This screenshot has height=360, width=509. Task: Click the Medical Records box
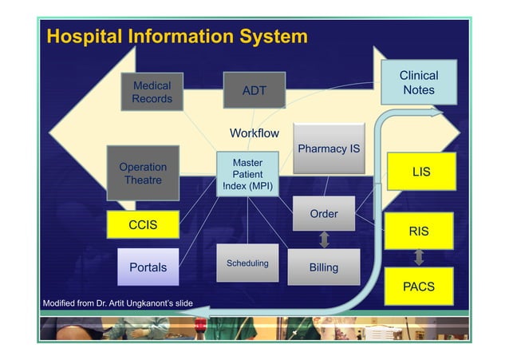(152, 92)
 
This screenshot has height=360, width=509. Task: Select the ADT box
(254, 90)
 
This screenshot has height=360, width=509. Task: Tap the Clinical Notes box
(419, 82)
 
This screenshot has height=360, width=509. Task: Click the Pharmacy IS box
(328, 148)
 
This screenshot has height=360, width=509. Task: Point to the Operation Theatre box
(143, 173)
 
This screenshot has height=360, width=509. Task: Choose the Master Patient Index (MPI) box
(247, 174)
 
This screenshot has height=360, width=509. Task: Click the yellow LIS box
(420, 172)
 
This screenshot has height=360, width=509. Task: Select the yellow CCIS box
(143, 225)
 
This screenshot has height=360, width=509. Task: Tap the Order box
(324, 213)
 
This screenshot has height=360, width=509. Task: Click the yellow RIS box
(419, 231)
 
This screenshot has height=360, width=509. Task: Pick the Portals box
(148, 267)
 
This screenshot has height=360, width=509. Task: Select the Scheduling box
(247, 263)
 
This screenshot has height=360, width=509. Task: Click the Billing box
(324, 267)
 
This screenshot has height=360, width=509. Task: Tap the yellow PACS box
(419, 287)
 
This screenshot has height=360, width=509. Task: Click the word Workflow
(254, 133)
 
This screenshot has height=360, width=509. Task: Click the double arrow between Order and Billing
(325, 239)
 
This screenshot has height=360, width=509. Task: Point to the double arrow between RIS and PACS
(419, 259)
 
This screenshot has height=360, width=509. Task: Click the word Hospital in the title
(86, 37)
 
